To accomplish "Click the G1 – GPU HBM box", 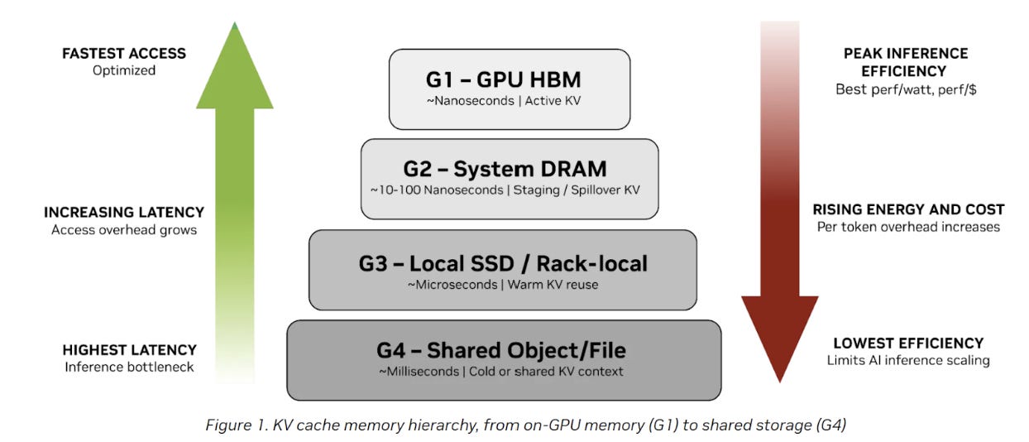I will tap(510, 89).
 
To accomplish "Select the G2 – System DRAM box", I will tap(510, 178).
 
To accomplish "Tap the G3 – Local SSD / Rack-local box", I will tap(503, 270).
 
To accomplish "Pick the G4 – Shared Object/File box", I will tap(503, 360).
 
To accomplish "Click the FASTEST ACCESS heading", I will tap(124, 54).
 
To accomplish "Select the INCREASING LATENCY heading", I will tap(124, 213).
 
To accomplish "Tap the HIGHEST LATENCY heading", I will tap(129, 350).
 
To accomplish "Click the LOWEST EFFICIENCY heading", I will tap(908, 343).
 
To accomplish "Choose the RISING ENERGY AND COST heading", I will tap(908, 209).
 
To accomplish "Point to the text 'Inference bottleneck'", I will tap(129, 367).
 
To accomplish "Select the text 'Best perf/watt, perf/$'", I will tap(906, 89).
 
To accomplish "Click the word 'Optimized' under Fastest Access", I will tap(124, 71).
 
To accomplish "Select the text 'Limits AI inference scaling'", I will tap(908, 360).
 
